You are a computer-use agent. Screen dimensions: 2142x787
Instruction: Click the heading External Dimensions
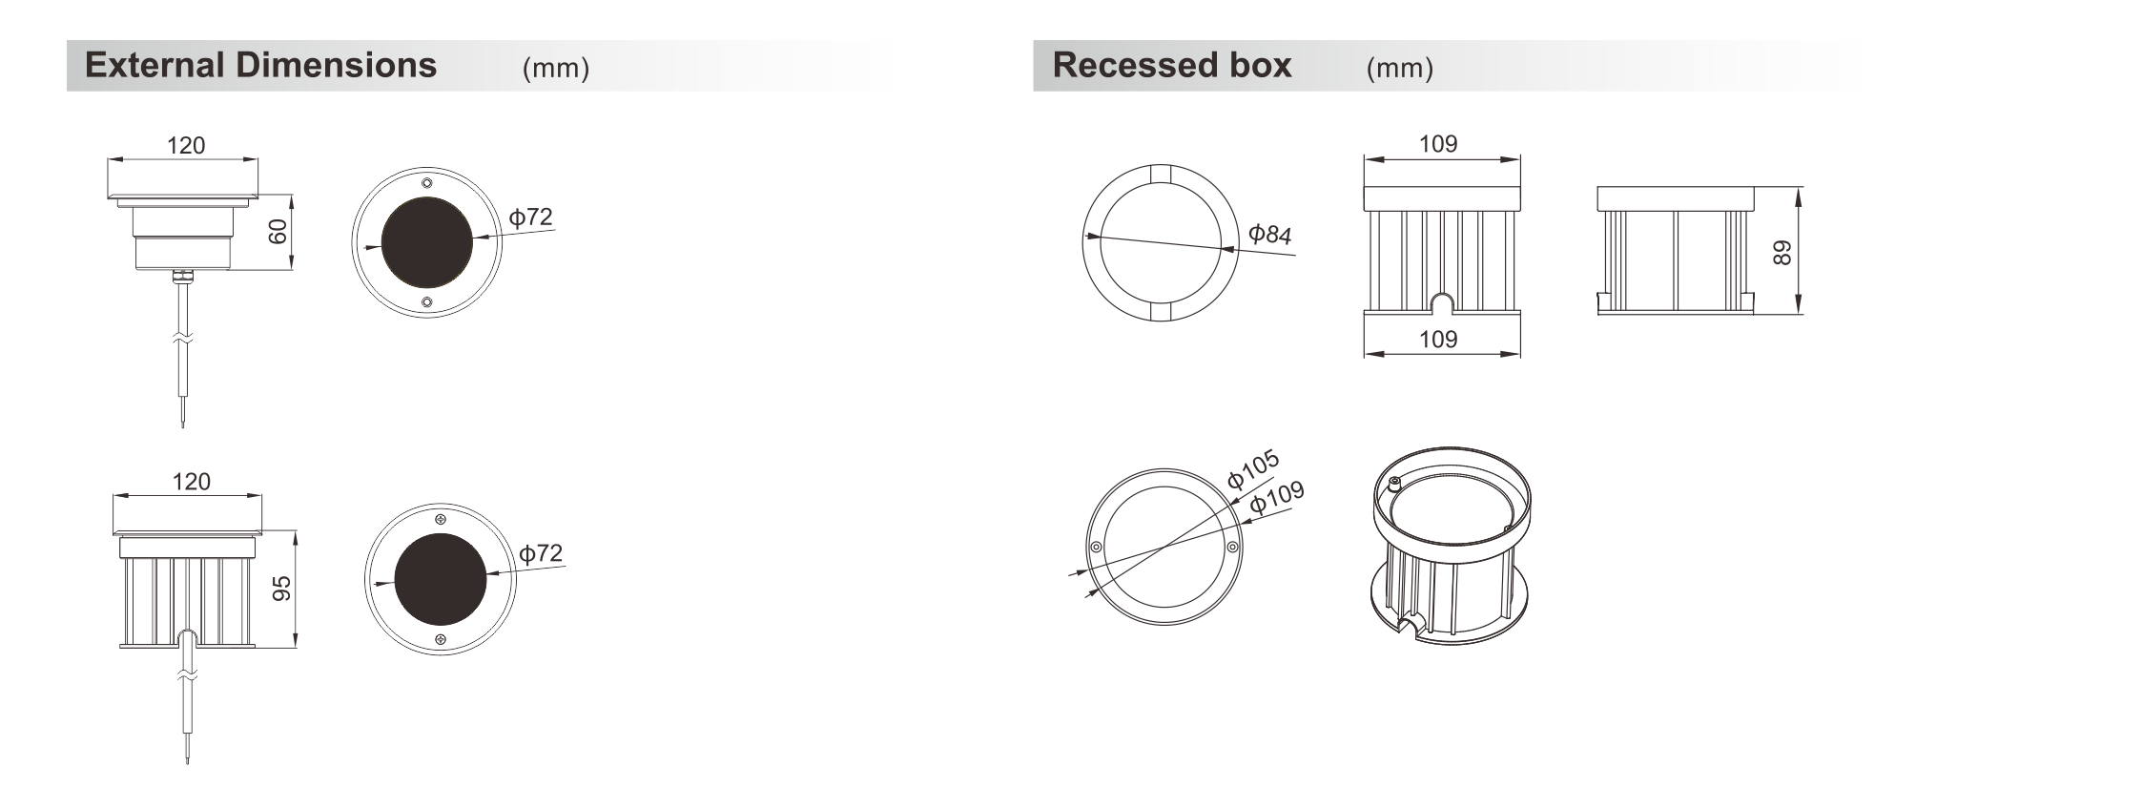pyautogui.click(x=260, y=65)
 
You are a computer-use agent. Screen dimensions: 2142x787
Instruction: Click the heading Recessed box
pyautogui.click(x=1172, y=65)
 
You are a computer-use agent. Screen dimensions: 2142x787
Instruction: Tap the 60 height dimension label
pyautogui.click(x=278, y=232)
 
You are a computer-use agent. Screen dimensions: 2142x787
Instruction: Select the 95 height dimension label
pyautogui.click(x=282, y=589)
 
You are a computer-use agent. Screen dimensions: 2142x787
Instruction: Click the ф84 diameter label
pyautogui.click(x=1270, y=234)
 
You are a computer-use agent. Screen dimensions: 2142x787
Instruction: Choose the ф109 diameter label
pyautogui.click(x=1277, y=497)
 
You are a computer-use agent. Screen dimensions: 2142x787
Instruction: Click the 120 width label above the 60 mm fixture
pyautogui.click(x=186, y=145)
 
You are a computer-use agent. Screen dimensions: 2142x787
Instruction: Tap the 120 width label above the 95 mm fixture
pyautogui.click(x=191, y=482)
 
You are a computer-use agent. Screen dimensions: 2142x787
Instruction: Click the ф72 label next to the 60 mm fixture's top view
pyautogui.click(x=531, y=217)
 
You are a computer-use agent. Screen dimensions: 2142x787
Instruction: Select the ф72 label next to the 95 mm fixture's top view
pyautogui.click(x=541, y=553)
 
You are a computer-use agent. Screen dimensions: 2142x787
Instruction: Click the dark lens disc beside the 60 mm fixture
pyautogui.click(x=427, y=242)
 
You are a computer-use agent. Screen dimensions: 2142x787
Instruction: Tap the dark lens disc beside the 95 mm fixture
pyautogui.click(x=441, y=579)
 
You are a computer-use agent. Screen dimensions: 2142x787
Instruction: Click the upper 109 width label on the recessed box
pyautogui.click(x=1438, y=144)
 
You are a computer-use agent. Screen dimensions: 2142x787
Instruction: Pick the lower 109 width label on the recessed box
pyautogui.click(x=1438, y=339)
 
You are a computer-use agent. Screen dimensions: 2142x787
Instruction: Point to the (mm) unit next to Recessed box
pyautogui.click(x=1399, y=68)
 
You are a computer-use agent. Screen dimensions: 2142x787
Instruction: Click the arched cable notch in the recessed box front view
pyautogui.click(x=1442, y=301)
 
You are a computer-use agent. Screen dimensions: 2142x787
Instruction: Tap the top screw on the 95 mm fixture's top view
pyautogui.click(x=441, y=519)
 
